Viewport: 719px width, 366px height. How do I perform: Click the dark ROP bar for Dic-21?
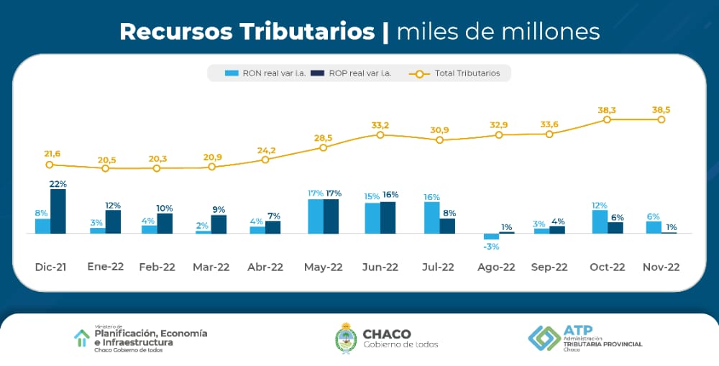[58, 211]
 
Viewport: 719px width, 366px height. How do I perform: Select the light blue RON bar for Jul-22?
[431, 218]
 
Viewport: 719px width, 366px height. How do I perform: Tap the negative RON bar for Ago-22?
[491, 237]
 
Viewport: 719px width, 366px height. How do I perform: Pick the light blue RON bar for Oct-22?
[600, 221]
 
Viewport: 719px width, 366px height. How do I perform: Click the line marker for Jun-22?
[380, 134]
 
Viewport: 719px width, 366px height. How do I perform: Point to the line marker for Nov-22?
[661, 119]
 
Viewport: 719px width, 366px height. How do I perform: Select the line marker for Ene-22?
[105, 168]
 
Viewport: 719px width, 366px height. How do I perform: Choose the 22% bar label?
[58, 184]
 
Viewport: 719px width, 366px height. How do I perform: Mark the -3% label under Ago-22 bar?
[492, 247]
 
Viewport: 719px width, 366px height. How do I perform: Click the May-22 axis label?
[324, 267]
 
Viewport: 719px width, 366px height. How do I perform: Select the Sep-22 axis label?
[549, 267]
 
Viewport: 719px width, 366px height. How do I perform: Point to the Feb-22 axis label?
[156, 267]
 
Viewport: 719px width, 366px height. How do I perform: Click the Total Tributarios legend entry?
[460, 73]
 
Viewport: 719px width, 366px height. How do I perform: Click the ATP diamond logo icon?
[544, 337]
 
